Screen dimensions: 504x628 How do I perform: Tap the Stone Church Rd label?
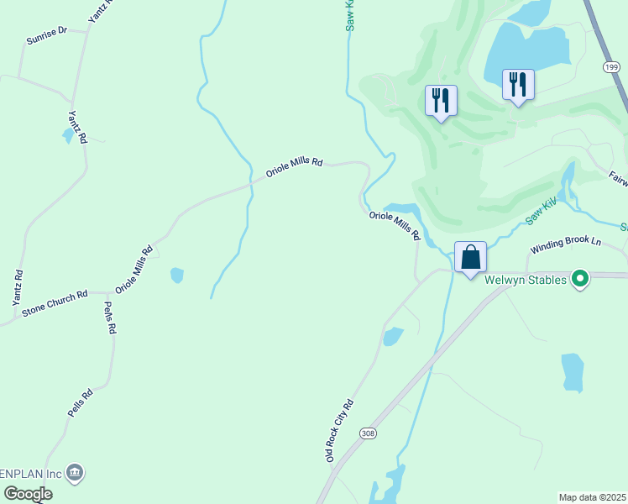click(x=55, y=302)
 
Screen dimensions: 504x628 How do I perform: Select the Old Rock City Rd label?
click(x=340, y=430)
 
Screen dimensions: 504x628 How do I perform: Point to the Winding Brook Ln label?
click(x=565, y=245)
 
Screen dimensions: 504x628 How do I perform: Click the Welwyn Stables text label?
click(x=525, y=279)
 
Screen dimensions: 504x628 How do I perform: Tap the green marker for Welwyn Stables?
click(x=579, y=279)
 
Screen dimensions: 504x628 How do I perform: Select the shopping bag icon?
click(x=471, y=257)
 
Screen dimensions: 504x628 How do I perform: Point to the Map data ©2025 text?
click(x=593, y=497)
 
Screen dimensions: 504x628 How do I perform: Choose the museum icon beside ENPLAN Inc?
click(x=75, y=474)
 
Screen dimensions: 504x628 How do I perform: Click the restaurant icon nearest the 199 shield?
click(x=518, y=84)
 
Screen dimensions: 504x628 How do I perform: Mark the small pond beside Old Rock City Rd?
click(x=392, y=336)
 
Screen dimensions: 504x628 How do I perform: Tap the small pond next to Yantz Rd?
click(x=68, y=135)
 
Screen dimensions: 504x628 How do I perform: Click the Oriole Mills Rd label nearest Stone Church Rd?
click(x=134, y=269)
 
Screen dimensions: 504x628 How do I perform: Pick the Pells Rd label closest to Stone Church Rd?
click(x=108, y=318)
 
